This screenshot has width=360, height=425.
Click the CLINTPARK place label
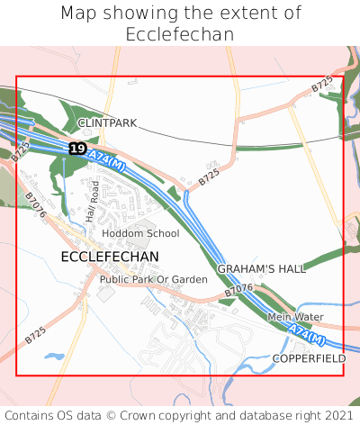point(107,122)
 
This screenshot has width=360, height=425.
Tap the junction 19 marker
point(77,148)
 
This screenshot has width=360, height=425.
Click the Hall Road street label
point(91,201)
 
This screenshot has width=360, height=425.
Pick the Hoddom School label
point(140,233)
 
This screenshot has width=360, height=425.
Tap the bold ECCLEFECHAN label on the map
point(110,257)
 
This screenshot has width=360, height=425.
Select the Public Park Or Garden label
point(153,280)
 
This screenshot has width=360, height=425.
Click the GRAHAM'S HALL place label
point(262,268)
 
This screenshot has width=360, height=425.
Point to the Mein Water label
point(294,317)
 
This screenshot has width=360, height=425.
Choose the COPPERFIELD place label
point(310,358)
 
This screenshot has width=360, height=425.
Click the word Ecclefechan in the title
point(180,34)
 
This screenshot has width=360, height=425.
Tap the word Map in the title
point(79,14)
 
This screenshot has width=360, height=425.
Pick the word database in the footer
point(265,415)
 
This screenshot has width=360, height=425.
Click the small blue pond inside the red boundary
point(54,357)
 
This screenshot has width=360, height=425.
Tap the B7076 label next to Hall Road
point(35,204)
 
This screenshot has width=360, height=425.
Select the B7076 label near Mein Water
point(238,290)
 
